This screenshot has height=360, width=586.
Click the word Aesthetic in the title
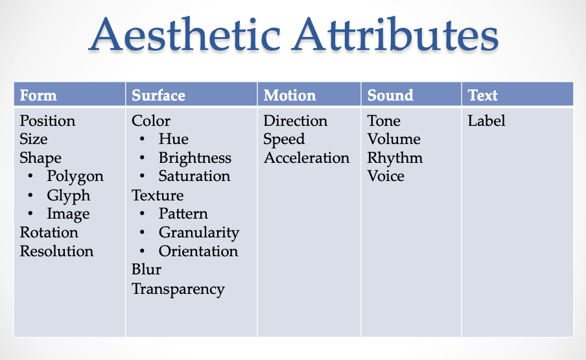[x=185, y=34]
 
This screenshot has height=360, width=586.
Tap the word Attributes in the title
[x=395, y=34]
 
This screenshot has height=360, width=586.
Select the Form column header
[x=38, y=95]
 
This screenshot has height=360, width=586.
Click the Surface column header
[x=158, y=95]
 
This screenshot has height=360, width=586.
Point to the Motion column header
[x=290, y=95]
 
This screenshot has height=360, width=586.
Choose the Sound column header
[x=390, y=95]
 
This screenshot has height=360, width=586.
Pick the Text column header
[x=482, y=95]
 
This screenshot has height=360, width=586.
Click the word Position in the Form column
[x=47, y=121]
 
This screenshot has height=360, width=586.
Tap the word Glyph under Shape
[x=69, y=196]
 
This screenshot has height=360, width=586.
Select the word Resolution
[x=56, y=251]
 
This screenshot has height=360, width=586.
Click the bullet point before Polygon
[x=30, y=176]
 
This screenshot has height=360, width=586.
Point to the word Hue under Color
[x=174, y=139]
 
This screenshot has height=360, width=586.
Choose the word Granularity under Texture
[x=199, y=233]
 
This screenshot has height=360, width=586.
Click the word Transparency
[x=178, y=289]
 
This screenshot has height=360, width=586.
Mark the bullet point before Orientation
[x=142, y=251]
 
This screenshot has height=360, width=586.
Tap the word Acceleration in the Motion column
[x=307, y=158]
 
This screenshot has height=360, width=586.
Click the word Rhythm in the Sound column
[x=395, y=158]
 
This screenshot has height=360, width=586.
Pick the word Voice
[x=386, y=176]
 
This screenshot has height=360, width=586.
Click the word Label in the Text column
[x=487, y=121]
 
